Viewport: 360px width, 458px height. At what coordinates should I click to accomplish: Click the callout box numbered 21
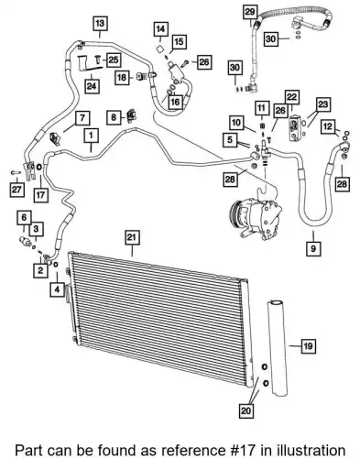tap(132, 237)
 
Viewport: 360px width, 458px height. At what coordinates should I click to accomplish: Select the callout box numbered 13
tap(100, 23)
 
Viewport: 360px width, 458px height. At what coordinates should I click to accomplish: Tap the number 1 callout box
tap(92, 136)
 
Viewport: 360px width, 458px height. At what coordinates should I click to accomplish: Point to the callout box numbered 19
tap(308, 345)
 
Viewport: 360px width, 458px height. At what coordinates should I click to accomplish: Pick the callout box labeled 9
tap(313, 248)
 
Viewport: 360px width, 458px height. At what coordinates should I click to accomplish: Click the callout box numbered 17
tap(40, 194)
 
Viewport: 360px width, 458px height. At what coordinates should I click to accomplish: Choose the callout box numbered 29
tap(250, 12)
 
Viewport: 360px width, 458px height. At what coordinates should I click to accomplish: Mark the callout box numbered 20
tap(245, 410)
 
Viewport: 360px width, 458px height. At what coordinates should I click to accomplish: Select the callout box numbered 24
tap(92, 86)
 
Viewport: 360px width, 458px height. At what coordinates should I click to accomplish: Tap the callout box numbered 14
tap(160, 29)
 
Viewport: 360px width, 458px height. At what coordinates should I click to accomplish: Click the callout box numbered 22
tap(291, 97)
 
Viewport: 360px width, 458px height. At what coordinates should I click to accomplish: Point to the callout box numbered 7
tap(82, 118)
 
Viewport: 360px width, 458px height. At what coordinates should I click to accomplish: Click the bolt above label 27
tap(15, 172)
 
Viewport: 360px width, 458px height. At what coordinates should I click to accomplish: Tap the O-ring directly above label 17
tap(38, 167)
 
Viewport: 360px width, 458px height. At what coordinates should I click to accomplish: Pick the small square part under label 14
tap(159, 49)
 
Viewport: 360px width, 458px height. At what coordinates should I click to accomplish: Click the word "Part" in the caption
tap(28, 450)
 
